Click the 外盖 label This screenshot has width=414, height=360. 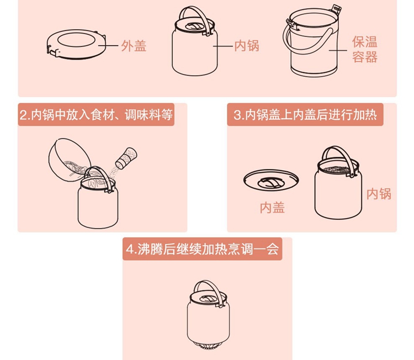click(x=134, y=46)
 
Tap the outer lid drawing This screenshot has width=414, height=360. click(x=77, y=44)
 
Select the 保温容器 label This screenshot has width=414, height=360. click(x=365, y=49)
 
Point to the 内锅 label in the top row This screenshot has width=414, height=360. click(x=247, y=46)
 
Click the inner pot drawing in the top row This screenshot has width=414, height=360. click(x=195, y=41)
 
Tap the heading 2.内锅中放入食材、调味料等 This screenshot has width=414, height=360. click(x=96, y=115)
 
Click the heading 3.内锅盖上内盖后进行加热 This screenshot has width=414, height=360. click(x=305, y=115)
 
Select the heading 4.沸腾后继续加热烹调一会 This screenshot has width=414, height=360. click(x=202, y=249)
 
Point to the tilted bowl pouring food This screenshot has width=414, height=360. click(x=69, y=160)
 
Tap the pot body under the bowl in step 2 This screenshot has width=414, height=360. click(x=98, y=205)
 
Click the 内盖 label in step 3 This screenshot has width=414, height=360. click(x=272, y=208)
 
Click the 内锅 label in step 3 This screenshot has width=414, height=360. click(x=379, y=194)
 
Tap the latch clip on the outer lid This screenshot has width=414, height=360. click(x=52, y=51)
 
